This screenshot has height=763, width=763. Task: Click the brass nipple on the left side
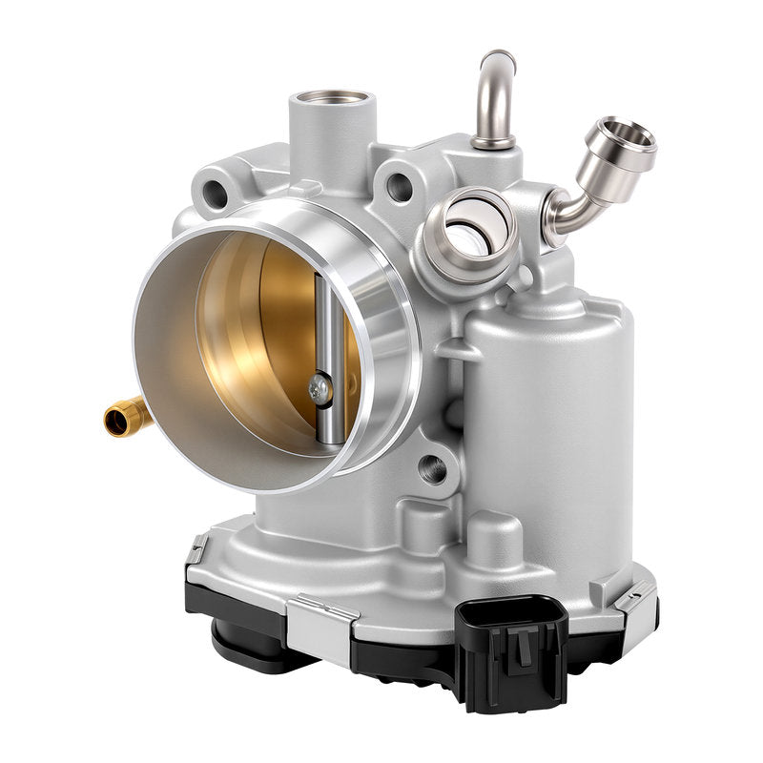coord(125,417)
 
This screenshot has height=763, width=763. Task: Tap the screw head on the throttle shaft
coord(318,387)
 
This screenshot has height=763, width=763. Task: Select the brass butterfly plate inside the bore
coord(258,334)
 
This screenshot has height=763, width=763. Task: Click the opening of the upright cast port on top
coord(330,98)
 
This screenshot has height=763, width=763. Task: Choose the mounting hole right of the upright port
coord(400,186)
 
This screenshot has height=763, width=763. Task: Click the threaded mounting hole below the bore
coord(432,467)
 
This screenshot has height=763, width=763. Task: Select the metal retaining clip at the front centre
coord(324,609)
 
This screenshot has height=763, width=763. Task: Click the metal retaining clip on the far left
coord(197,549)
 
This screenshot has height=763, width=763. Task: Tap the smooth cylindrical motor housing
coord(544,401)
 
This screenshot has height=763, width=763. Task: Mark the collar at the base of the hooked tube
coord(492,141)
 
